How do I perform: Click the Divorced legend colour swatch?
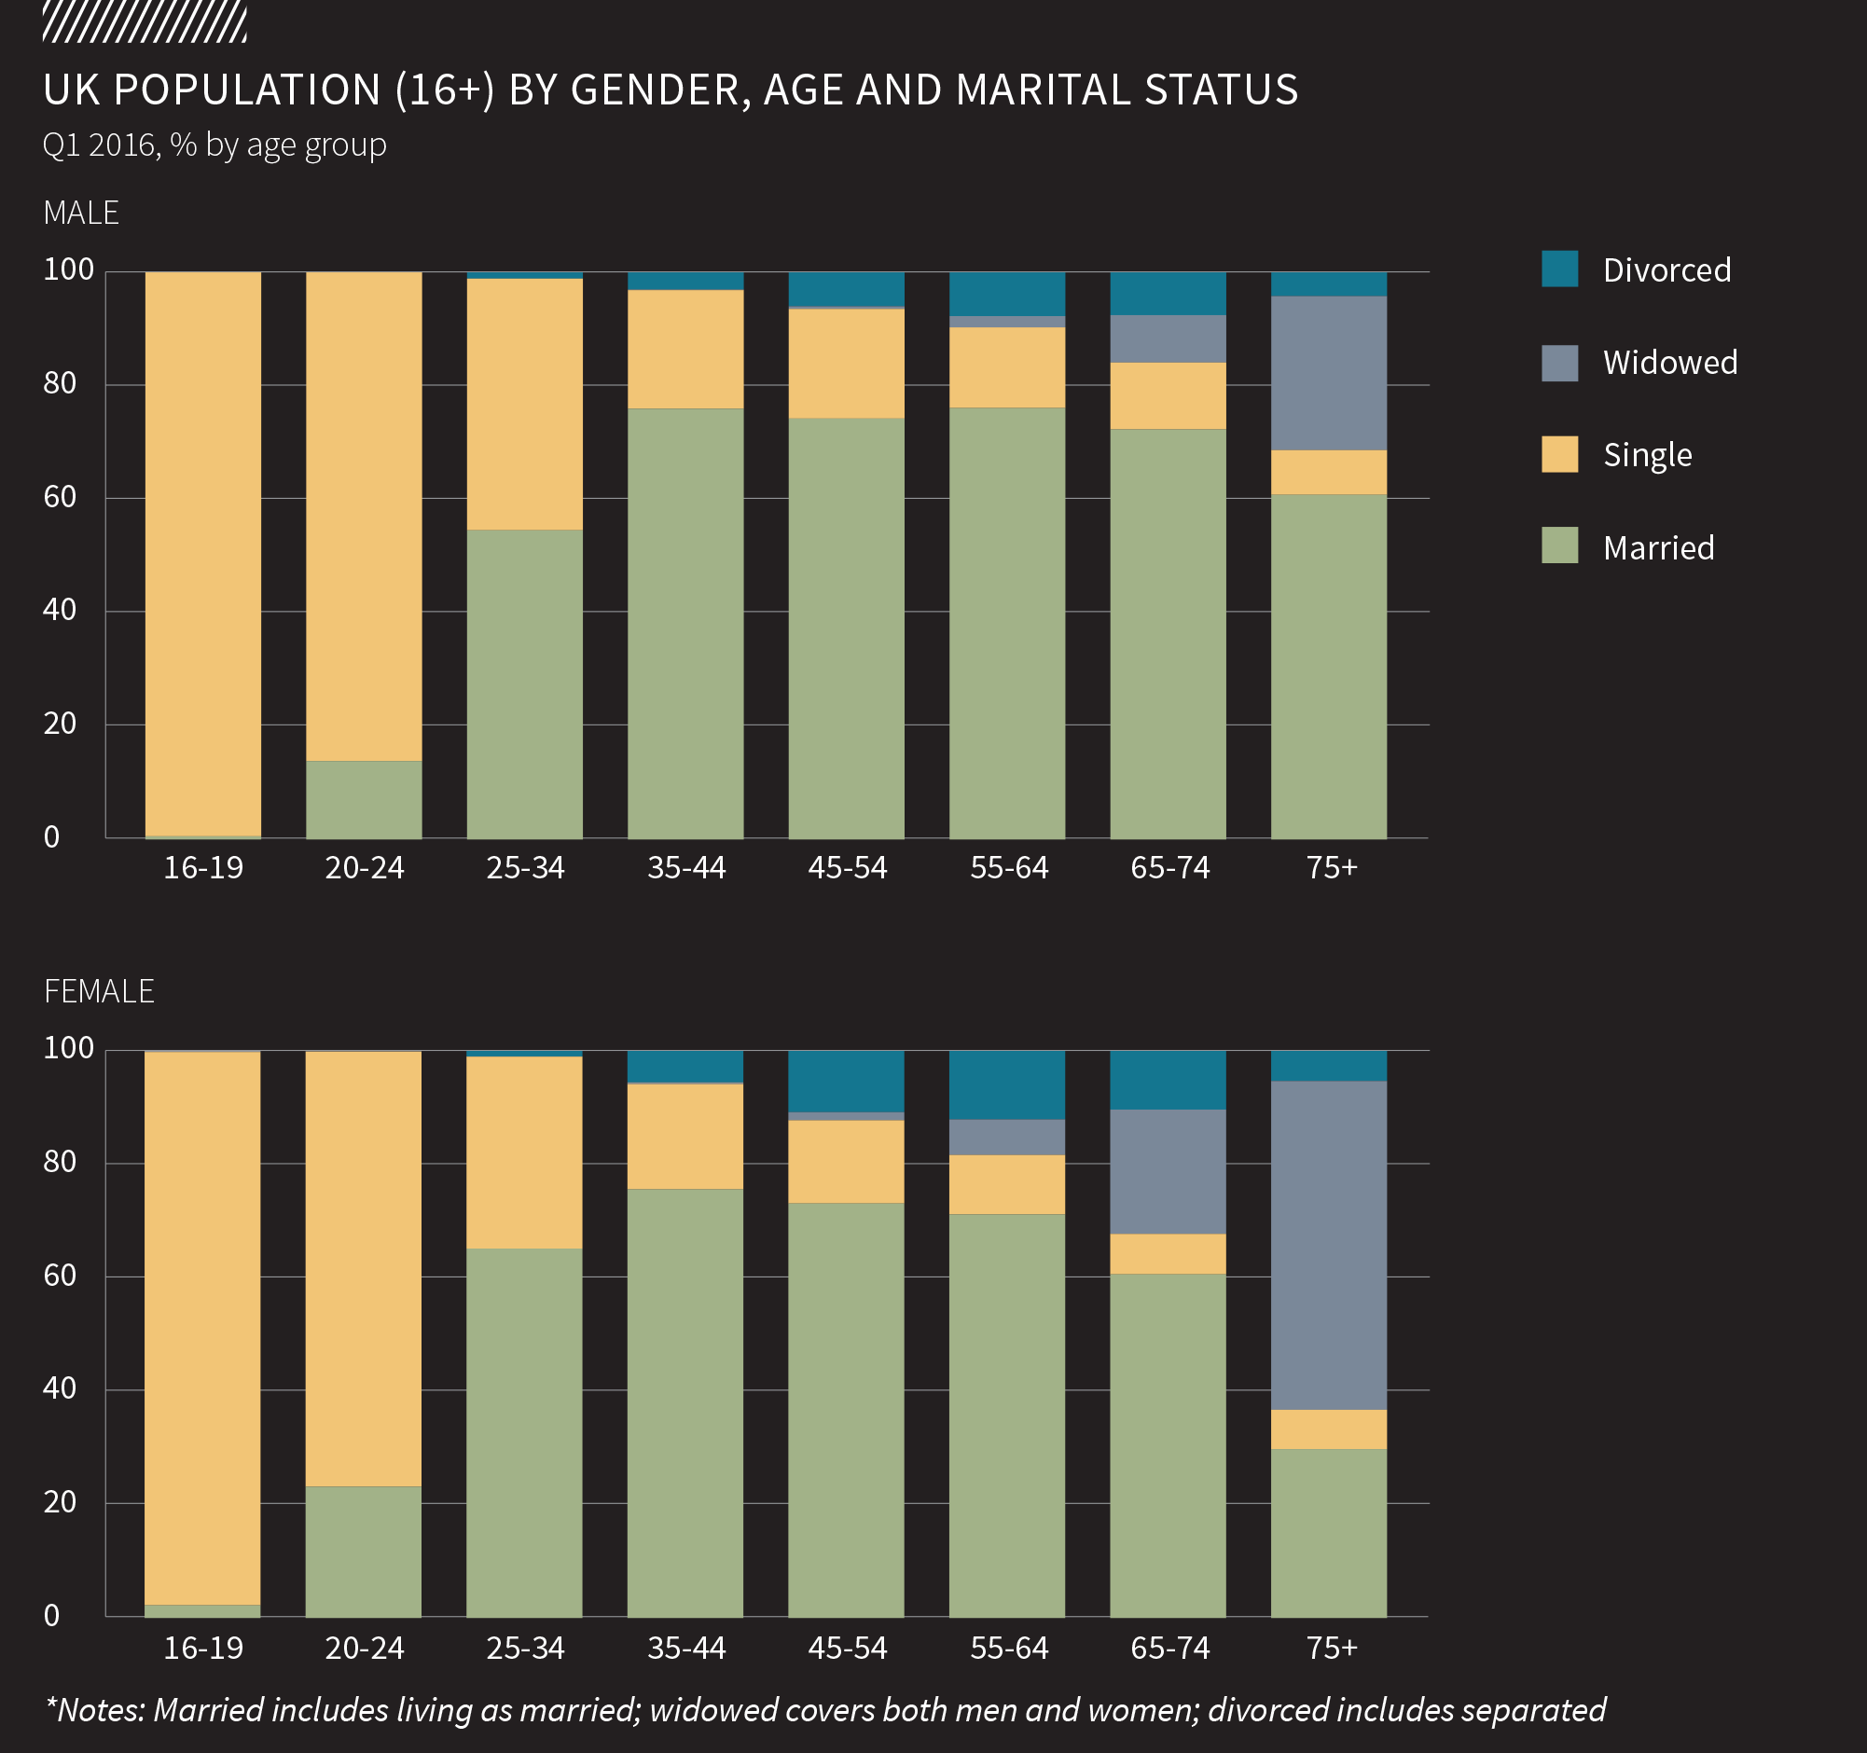point(1559,269)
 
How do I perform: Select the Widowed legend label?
point(1670,363)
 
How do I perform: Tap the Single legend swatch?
point(1559,454)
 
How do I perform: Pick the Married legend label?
point(1657,547)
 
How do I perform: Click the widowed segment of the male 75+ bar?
point(1328,373)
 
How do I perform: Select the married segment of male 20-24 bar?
point(364,799)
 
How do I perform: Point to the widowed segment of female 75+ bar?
point(1328,1245)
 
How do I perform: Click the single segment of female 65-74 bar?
point(1168,1253)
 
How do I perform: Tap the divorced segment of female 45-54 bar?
point(845,1081)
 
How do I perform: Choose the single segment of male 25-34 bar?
point(524,404)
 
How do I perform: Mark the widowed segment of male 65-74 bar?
point(1168,338)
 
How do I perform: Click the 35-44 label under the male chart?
point(686,867)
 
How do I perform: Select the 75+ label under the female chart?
point(1331,1648)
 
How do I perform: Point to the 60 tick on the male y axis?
point(60,497)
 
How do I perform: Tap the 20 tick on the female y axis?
point(60,1502)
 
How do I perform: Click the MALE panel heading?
point(81,214)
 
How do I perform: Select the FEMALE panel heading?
point(99,991)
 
